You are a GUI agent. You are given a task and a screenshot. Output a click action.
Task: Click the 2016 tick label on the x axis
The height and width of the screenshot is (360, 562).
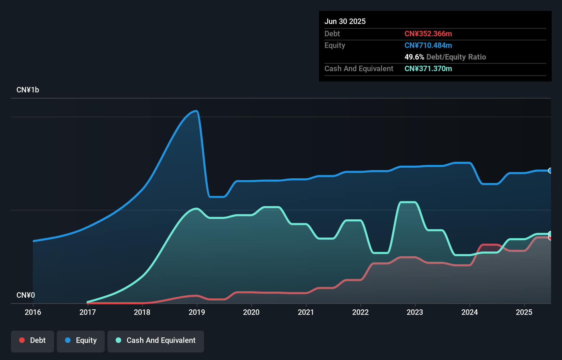(33, 312)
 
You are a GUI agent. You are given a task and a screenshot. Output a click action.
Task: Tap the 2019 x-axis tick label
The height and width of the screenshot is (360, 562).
(197, 312)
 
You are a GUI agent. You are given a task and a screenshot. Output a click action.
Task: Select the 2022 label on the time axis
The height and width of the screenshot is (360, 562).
(360, 312)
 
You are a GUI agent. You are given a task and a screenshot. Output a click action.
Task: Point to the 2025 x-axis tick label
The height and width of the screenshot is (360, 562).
(524, 312)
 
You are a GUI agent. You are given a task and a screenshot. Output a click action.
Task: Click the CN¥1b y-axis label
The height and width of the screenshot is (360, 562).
(28, 90)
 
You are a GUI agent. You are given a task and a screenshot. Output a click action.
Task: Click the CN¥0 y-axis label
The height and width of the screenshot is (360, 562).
(26, 295)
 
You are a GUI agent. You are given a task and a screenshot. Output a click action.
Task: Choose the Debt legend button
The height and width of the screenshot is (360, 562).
(33, 340)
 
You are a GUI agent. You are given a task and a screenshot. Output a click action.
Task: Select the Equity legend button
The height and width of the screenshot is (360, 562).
(81, 340)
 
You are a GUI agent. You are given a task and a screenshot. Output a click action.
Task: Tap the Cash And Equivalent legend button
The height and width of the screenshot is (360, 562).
(156, 340)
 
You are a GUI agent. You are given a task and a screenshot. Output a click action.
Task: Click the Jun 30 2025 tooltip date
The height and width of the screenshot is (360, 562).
(345, 21)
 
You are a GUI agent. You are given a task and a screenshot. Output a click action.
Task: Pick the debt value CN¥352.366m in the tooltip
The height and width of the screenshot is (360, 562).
(428, 34)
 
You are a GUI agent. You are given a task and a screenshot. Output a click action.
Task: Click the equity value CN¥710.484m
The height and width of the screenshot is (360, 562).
(428, 45)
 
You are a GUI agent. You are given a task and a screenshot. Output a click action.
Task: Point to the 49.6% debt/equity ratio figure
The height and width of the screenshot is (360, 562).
(414, 57)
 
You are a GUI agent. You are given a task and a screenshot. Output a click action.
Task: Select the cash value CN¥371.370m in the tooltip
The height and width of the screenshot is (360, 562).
(428, 68)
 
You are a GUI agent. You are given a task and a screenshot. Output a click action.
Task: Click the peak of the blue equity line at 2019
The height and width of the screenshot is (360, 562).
(196, 111)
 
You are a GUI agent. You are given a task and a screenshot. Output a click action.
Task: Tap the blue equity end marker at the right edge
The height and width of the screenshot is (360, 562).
(550, 170)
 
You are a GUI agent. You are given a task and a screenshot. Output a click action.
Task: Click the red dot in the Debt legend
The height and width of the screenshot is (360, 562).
(22, 340)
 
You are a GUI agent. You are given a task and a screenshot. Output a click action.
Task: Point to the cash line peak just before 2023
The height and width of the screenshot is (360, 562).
(408, 202)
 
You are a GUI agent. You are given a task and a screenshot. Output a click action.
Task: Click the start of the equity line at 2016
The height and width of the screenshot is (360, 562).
(33, 241)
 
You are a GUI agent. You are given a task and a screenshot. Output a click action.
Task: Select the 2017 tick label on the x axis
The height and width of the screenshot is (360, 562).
(88, 312)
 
